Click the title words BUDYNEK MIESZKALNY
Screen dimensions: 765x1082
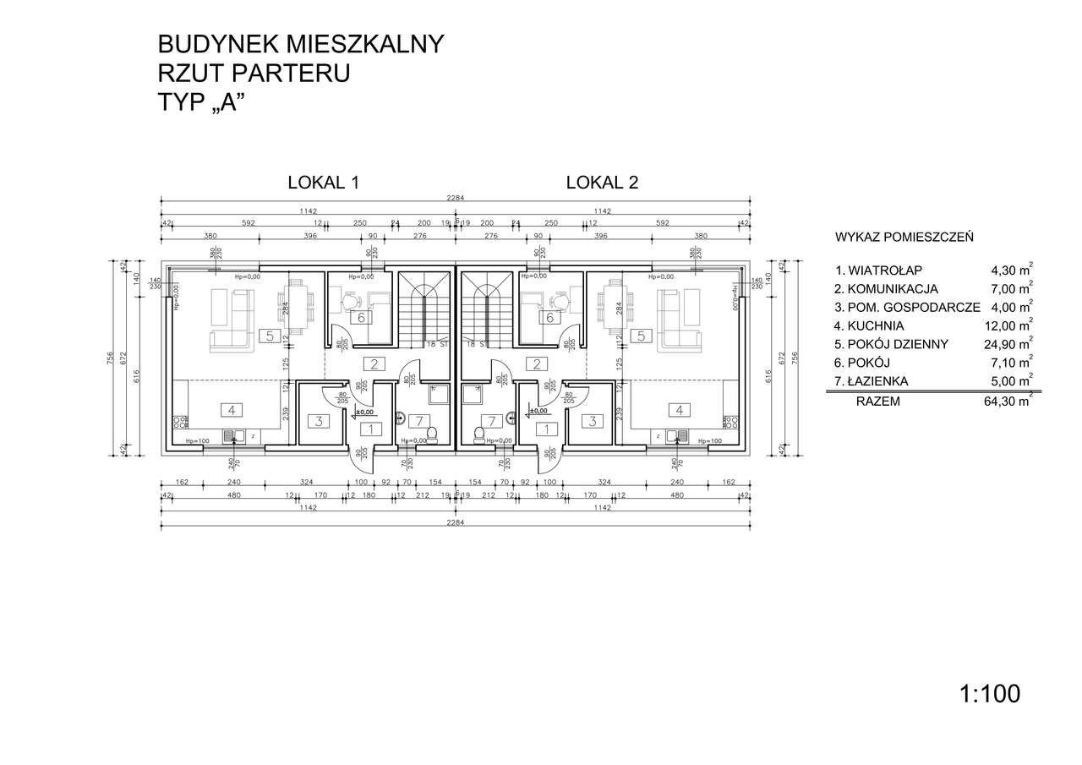300,44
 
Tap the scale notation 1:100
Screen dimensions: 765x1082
990,694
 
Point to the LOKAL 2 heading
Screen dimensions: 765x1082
602,182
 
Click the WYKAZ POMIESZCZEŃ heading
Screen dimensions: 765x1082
903,237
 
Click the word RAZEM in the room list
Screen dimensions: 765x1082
877,402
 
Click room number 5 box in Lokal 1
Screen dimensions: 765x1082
269,336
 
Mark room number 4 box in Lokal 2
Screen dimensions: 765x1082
678,410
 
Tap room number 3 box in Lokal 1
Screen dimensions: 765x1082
318,420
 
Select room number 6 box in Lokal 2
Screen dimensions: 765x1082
550,318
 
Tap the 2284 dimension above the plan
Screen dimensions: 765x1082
456,199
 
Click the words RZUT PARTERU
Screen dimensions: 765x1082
254,74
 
